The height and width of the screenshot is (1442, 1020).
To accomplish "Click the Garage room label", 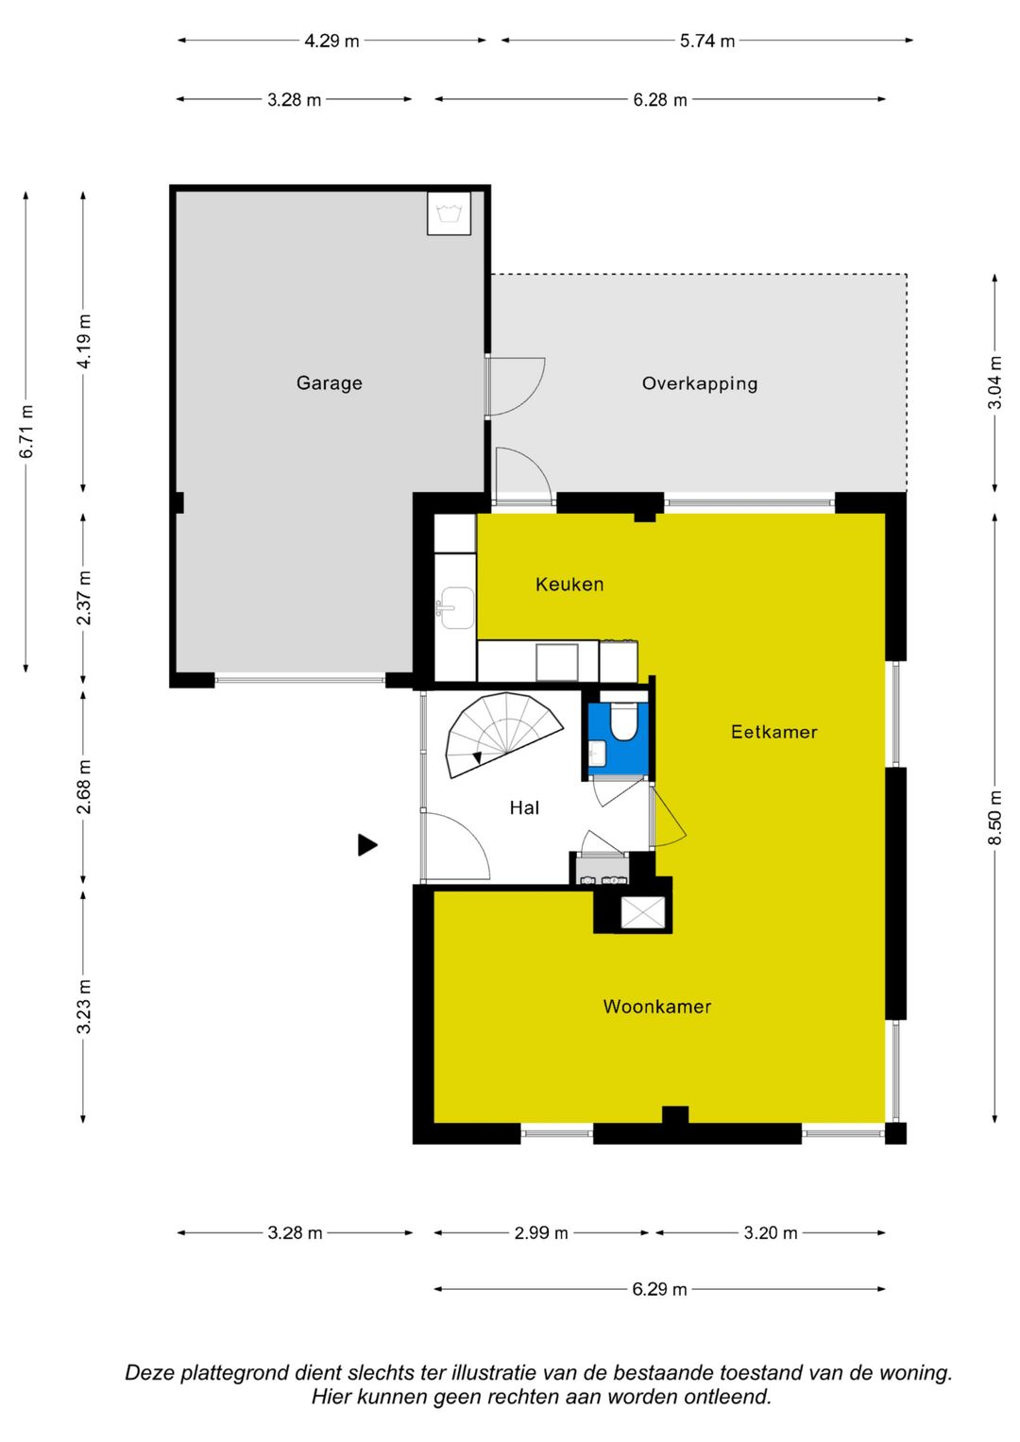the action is tap(329, 383).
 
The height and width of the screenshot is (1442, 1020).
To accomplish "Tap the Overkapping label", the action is tap(699, 383).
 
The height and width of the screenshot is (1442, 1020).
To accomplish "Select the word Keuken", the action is tap(569, 584).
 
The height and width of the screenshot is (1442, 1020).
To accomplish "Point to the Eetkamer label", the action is tap(773, 731).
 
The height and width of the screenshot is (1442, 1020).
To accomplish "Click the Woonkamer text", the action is tap(656, 1006).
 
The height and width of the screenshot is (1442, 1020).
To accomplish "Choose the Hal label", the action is tap(524, 807).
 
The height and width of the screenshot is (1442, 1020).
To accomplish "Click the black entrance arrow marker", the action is tap(367, 844).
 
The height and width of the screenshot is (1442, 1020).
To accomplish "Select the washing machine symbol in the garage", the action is tap(449, 212).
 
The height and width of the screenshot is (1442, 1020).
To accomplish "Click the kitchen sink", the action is tap(456, 607).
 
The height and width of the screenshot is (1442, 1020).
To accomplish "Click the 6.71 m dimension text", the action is tap(26, 432).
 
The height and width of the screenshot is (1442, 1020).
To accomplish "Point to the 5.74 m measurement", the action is tap(707, 42).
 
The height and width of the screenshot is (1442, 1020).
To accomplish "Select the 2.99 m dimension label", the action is tap(541, 1232).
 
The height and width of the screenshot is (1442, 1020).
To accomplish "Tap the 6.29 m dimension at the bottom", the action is tap(659, 1289).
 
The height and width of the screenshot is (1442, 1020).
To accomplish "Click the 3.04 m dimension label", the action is tap(994, 382).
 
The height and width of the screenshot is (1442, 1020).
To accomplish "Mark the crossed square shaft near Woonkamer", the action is tap(642, 912).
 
